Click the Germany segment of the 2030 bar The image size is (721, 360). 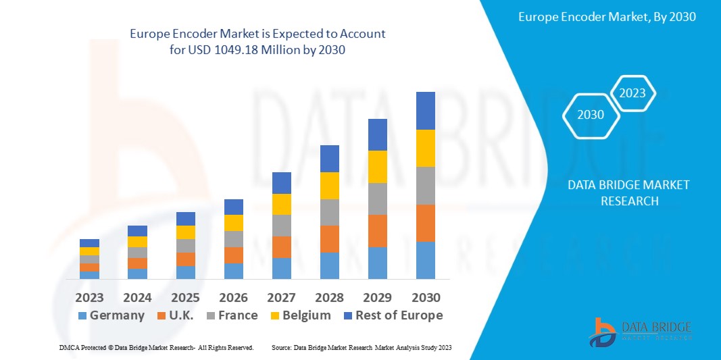click(x=425, y=260)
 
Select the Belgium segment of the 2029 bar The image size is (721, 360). click(x=377, y=167)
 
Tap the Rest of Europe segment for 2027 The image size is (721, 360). click(x=281, y=183)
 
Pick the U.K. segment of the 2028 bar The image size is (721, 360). click(x=329, y=239)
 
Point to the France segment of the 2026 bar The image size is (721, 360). click(x=233, y=239)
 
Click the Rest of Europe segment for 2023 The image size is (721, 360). click(x=89, y=243)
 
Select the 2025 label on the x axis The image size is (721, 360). click(x=185, y=298)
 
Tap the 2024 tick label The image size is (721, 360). click(x=137, y=298)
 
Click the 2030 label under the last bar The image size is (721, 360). click(x=425, y=298)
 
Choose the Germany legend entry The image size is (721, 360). click(x=111, y=315)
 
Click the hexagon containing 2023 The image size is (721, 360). click(x=632, y=93)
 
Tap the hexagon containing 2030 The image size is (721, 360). click(x=591, y=115)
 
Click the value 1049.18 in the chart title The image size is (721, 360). click(x=248, y=51)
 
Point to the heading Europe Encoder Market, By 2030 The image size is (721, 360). click(x=607, y=17)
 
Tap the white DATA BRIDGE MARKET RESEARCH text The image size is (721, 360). click(x=628, y=192)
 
